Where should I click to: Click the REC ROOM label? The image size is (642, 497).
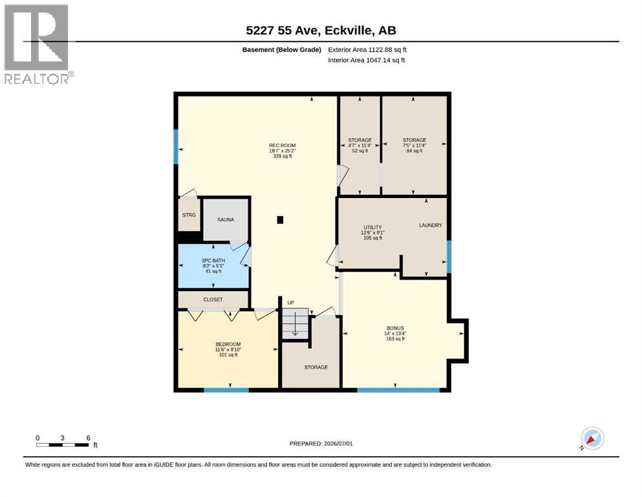tap(282, 145)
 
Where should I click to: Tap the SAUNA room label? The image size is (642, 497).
tap(226, 219)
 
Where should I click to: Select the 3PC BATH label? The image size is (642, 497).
tap(213, 260)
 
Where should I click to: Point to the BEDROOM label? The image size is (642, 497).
tap(228, 344)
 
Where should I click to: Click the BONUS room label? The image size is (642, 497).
tap(395, 328)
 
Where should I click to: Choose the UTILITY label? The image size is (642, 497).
tap(372, 227)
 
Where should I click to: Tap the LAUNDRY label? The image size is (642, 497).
tap(431, 225)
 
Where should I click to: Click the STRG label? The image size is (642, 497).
tap(189, 215)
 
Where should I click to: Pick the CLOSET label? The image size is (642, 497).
tap(213, 300)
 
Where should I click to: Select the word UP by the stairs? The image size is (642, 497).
tap(291, 303)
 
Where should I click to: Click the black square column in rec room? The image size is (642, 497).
tap(280, 220)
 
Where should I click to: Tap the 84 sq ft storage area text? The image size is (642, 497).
tap(414, 151)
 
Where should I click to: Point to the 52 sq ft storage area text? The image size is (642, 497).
tap(360, 151)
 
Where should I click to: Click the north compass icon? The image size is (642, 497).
tap(592, 438)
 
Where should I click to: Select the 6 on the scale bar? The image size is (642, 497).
tap(89, 438)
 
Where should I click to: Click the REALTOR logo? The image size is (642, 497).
tap(37, 44)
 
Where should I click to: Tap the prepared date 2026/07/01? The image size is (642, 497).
tap(338, 443)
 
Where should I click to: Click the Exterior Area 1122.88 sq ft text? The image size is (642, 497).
tap(367, 50)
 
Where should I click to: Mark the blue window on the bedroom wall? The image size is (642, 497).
tap(226, 390)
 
